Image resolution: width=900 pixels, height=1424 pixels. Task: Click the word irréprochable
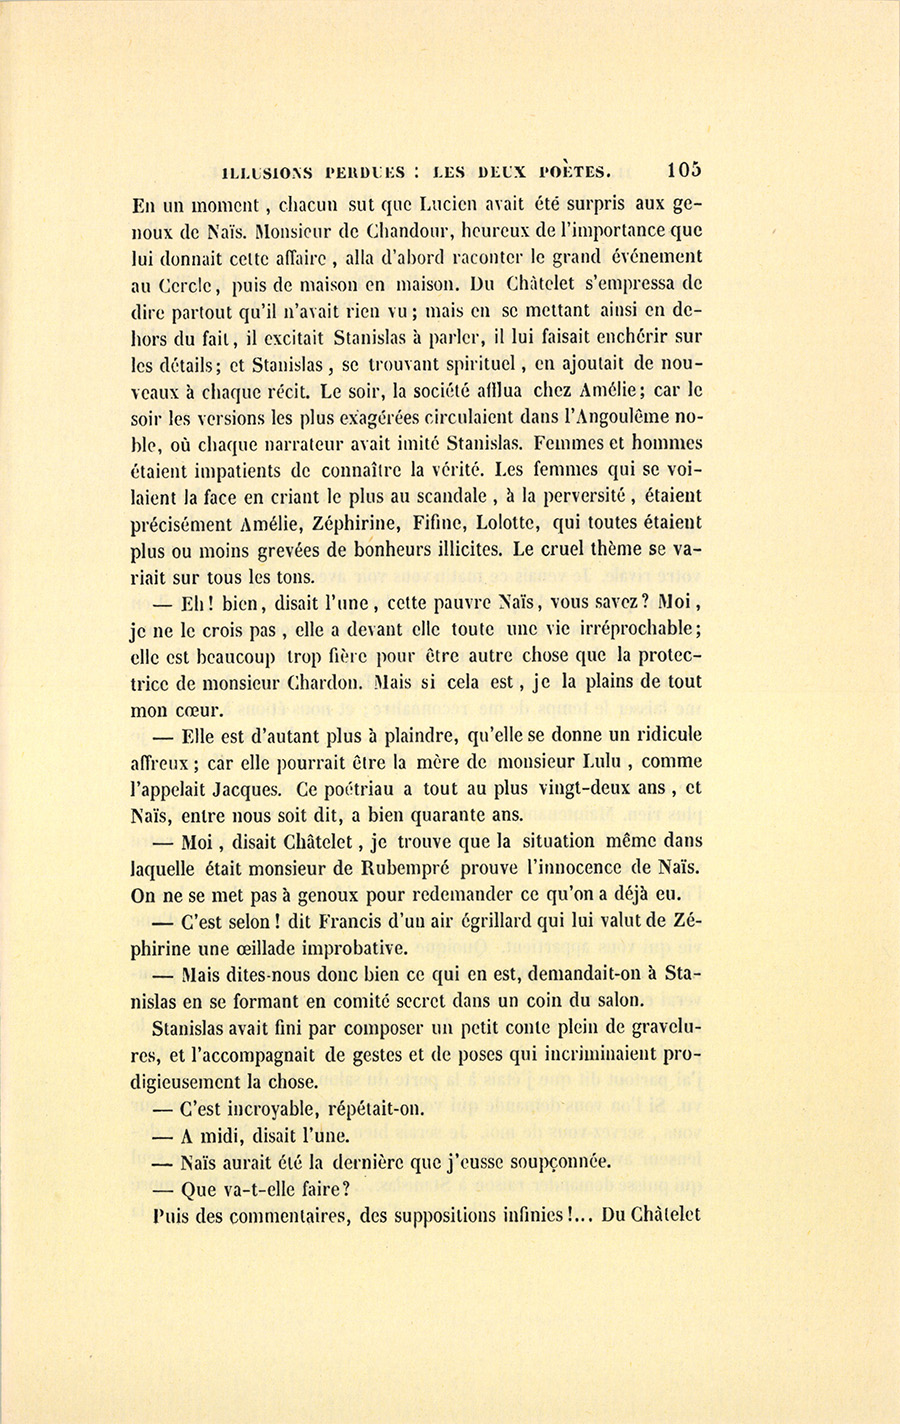tap(637, 629)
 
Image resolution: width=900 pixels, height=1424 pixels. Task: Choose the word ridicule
tap(661, 735)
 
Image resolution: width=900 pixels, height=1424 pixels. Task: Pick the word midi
tap(216, 1135)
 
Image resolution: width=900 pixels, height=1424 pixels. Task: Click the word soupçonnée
tap(547, 1162)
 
